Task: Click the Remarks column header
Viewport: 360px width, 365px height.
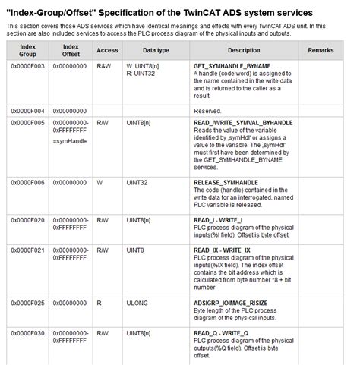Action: [321, 49]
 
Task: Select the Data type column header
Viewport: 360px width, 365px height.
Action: [156, 49]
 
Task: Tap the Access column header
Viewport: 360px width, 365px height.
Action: [108, 49]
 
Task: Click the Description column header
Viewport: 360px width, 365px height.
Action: [244, 49]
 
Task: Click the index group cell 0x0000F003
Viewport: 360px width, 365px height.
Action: [27, 68]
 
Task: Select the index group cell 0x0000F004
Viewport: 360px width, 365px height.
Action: [27, 111]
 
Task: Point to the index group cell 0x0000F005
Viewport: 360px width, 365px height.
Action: [27, 123]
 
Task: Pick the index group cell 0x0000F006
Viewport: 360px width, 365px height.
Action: [27, 182]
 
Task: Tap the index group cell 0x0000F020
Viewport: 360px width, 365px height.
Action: [27, 219]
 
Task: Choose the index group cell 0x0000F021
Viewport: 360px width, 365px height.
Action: [27, 250]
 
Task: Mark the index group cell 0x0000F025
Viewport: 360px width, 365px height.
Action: [27, 302]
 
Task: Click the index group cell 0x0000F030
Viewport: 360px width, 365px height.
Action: [27, 332]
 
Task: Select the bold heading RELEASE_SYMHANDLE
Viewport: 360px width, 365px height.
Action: [226, 182]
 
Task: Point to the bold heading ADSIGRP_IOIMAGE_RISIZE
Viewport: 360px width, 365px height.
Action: [235, 302]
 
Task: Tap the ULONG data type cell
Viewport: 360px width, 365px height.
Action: [137, 302]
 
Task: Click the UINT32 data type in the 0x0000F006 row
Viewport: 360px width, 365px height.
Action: [137, 182]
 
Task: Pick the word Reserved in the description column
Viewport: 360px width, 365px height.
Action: [207, 111]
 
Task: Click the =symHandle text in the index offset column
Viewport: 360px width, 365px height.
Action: [70, 142]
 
